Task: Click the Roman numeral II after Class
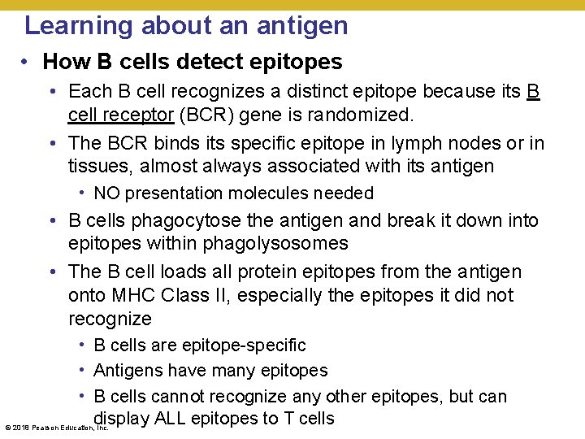(x=210, y=295)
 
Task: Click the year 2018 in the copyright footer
(x=19, y=427)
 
